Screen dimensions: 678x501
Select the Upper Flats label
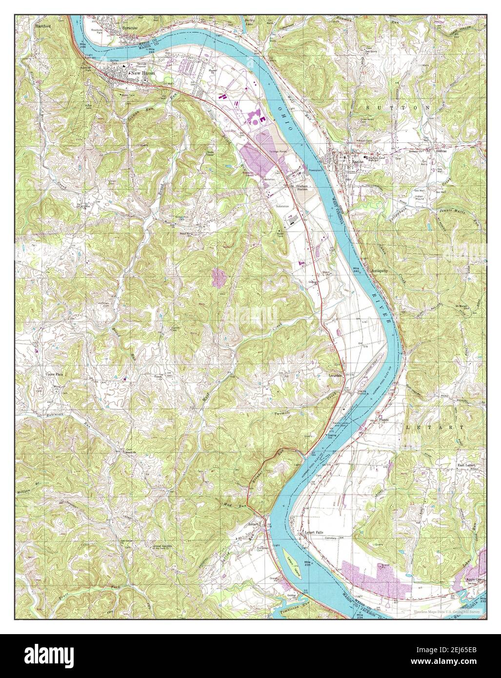(x=55, y=375)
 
